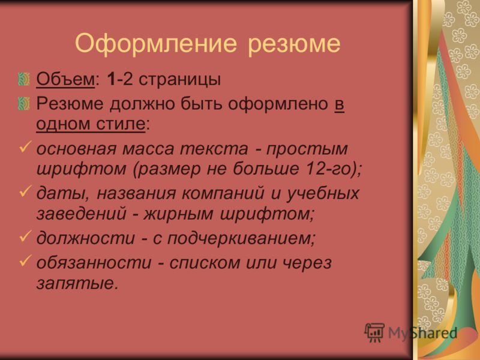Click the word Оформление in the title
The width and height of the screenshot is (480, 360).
coord(156,43)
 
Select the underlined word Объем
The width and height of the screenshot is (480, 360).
coord(65,79)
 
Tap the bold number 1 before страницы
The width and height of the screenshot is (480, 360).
coord(112,79)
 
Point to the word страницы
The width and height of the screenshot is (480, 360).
coord(179,80)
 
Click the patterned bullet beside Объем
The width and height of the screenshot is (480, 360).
coord(24,79)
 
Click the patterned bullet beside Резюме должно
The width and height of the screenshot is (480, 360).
coord(24,104)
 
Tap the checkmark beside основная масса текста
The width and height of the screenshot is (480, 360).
coord(25,146)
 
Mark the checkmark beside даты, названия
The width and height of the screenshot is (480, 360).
coord(25,191)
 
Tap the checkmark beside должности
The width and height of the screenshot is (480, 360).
coord(25,236)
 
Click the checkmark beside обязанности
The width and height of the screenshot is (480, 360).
coord(25,260)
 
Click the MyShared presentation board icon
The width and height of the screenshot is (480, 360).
coord(374,332)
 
